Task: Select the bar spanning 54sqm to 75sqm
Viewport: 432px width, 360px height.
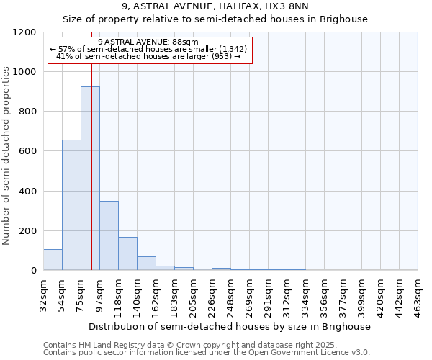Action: [x=71, y=205]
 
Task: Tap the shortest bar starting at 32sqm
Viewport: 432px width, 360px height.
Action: [x=53, y=260]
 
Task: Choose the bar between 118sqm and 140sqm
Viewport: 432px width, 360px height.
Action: [x=127, y=253]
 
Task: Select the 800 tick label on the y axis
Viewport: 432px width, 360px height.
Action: [x=27, y=112]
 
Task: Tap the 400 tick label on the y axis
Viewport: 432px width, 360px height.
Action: [x=27, y=192]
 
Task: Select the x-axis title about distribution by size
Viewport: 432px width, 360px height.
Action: [x=230, y=326]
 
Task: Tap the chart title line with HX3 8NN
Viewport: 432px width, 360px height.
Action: [x=216, y=6]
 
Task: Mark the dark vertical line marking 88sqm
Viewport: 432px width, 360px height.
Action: [x=92, y=180]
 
